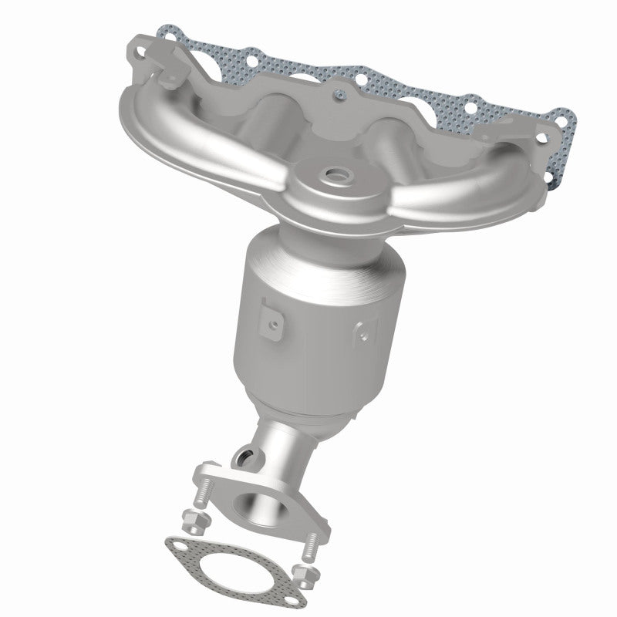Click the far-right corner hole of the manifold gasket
tap(568, 120)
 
